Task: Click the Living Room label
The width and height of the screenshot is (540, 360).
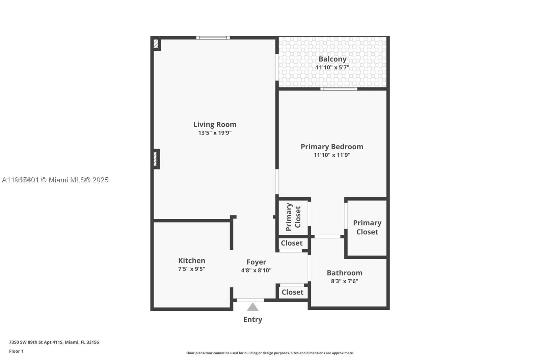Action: [x=215, y=124]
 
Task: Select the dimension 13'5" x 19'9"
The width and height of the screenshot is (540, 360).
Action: [x=215, y=133]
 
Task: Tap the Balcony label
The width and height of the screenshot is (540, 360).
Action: [x=332, y=59]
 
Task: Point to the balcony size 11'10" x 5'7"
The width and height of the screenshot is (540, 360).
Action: [x=332, y=67]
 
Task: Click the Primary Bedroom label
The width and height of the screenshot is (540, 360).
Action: [x=332, y=147]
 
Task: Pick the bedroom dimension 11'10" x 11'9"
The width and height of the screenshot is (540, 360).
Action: [x=332, y=155]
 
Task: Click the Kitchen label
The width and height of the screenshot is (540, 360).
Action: [x=191, y=260]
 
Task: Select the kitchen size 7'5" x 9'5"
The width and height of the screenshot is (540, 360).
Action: [x=191, y=269]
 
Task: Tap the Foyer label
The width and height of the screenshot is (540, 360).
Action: [x=256, y=262]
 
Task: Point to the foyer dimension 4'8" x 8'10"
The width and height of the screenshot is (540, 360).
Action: [x=256, y=270]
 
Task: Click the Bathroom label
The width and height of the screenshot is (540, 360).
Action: [x=344, y=273]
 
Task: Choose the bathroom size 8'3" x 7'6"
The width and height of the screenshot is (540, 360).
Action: [x=344, y=281]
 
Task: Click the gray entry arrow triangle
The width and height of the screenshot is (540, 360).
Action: [x=252, y=307]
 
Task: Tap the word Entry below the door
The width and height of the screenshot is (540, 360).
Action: [x=252, y=319]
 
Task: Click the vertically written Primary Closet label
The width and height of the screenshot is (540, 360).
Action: [x=293, y=217]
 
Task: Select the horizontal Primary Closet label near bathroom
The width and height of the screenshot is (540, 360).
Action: [x=367, y=227]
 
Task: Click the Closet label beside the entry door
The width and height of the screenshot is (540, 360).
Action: [x=292, y=292]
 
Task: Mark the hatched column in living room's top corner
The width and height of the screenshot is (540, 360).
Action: [x=156, y=44]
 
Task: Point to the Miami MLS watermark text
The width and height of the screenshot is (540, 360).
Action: [x=55, y=180]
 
